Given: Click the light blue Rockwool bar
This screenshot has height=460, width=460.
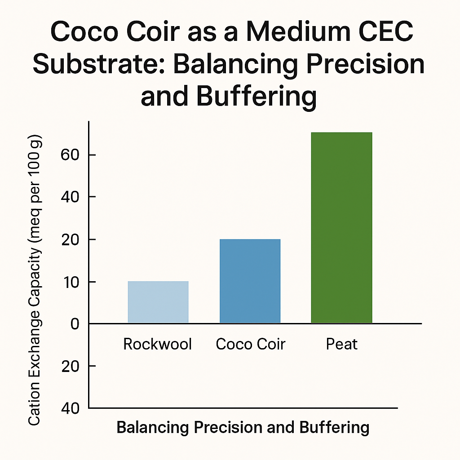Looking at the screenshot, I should pyautogui.click(x=158, y=302).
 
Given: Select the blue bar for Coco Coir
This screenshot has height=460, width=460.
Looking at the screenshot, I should pyautogui.click(x=250, y=281).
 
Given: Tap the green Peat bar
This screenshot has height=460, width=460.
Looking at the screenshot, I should pyautogui.click(x=341, y=228).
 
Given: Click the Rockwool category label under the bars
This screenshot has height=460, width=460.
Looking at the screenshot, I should pyautogui.click(x=158, y=345).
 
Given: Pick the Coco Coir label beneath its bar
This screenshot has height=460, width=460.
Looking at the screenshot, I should pyautogui.click(x=250, y=345).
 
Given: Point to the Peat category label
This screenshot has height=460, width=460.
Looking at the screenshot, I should pyautogui.click(x=342, y=345).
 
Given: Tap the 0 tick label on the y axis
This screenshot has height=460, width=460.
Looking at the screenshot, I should pyautogui.click(x=75, y=324).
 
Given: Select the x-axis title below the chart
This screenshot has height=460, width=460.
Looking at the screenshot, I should pyautogui.click(x=243, y=427).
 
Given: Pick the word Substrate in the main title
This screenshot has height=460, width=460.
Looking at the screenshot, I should pyautogui.click(x=99, y=65).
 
